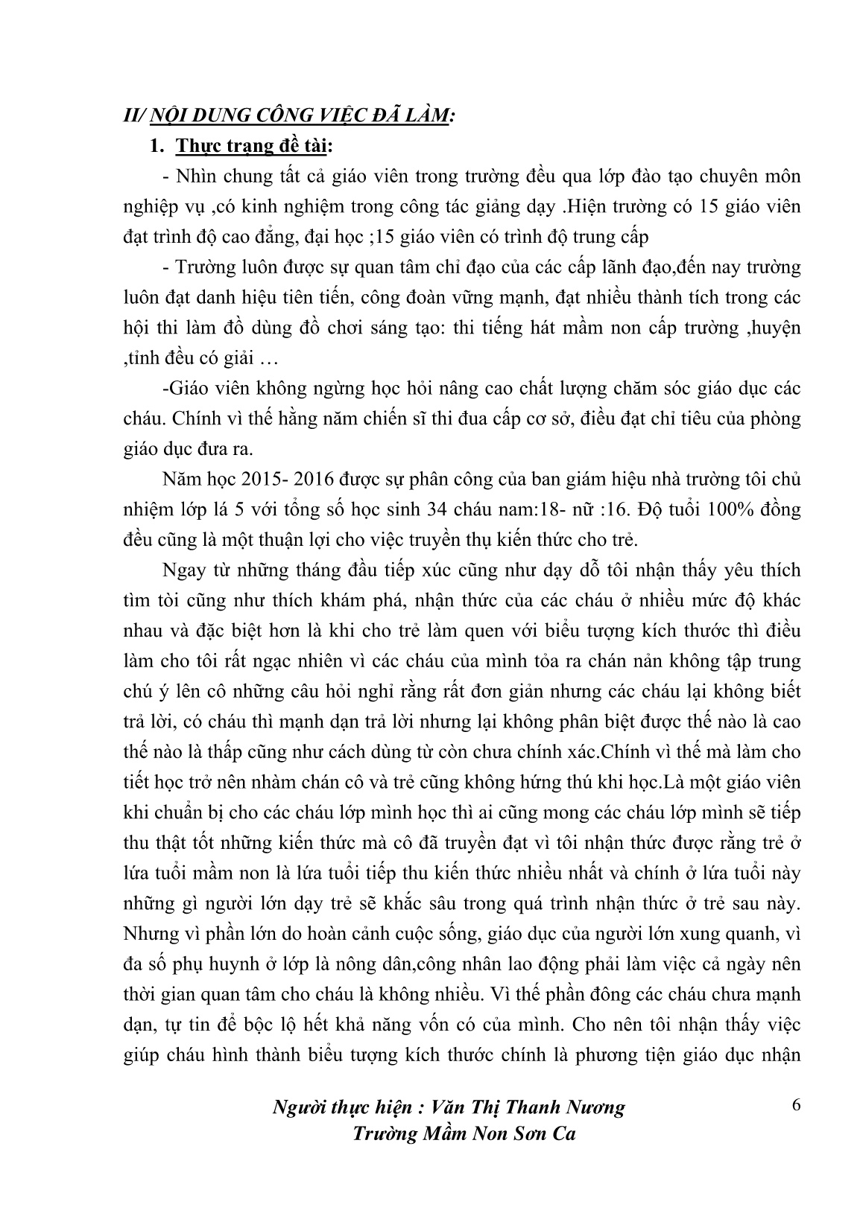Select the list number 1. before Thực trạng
157,147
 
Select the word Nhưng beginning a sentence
148,933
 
